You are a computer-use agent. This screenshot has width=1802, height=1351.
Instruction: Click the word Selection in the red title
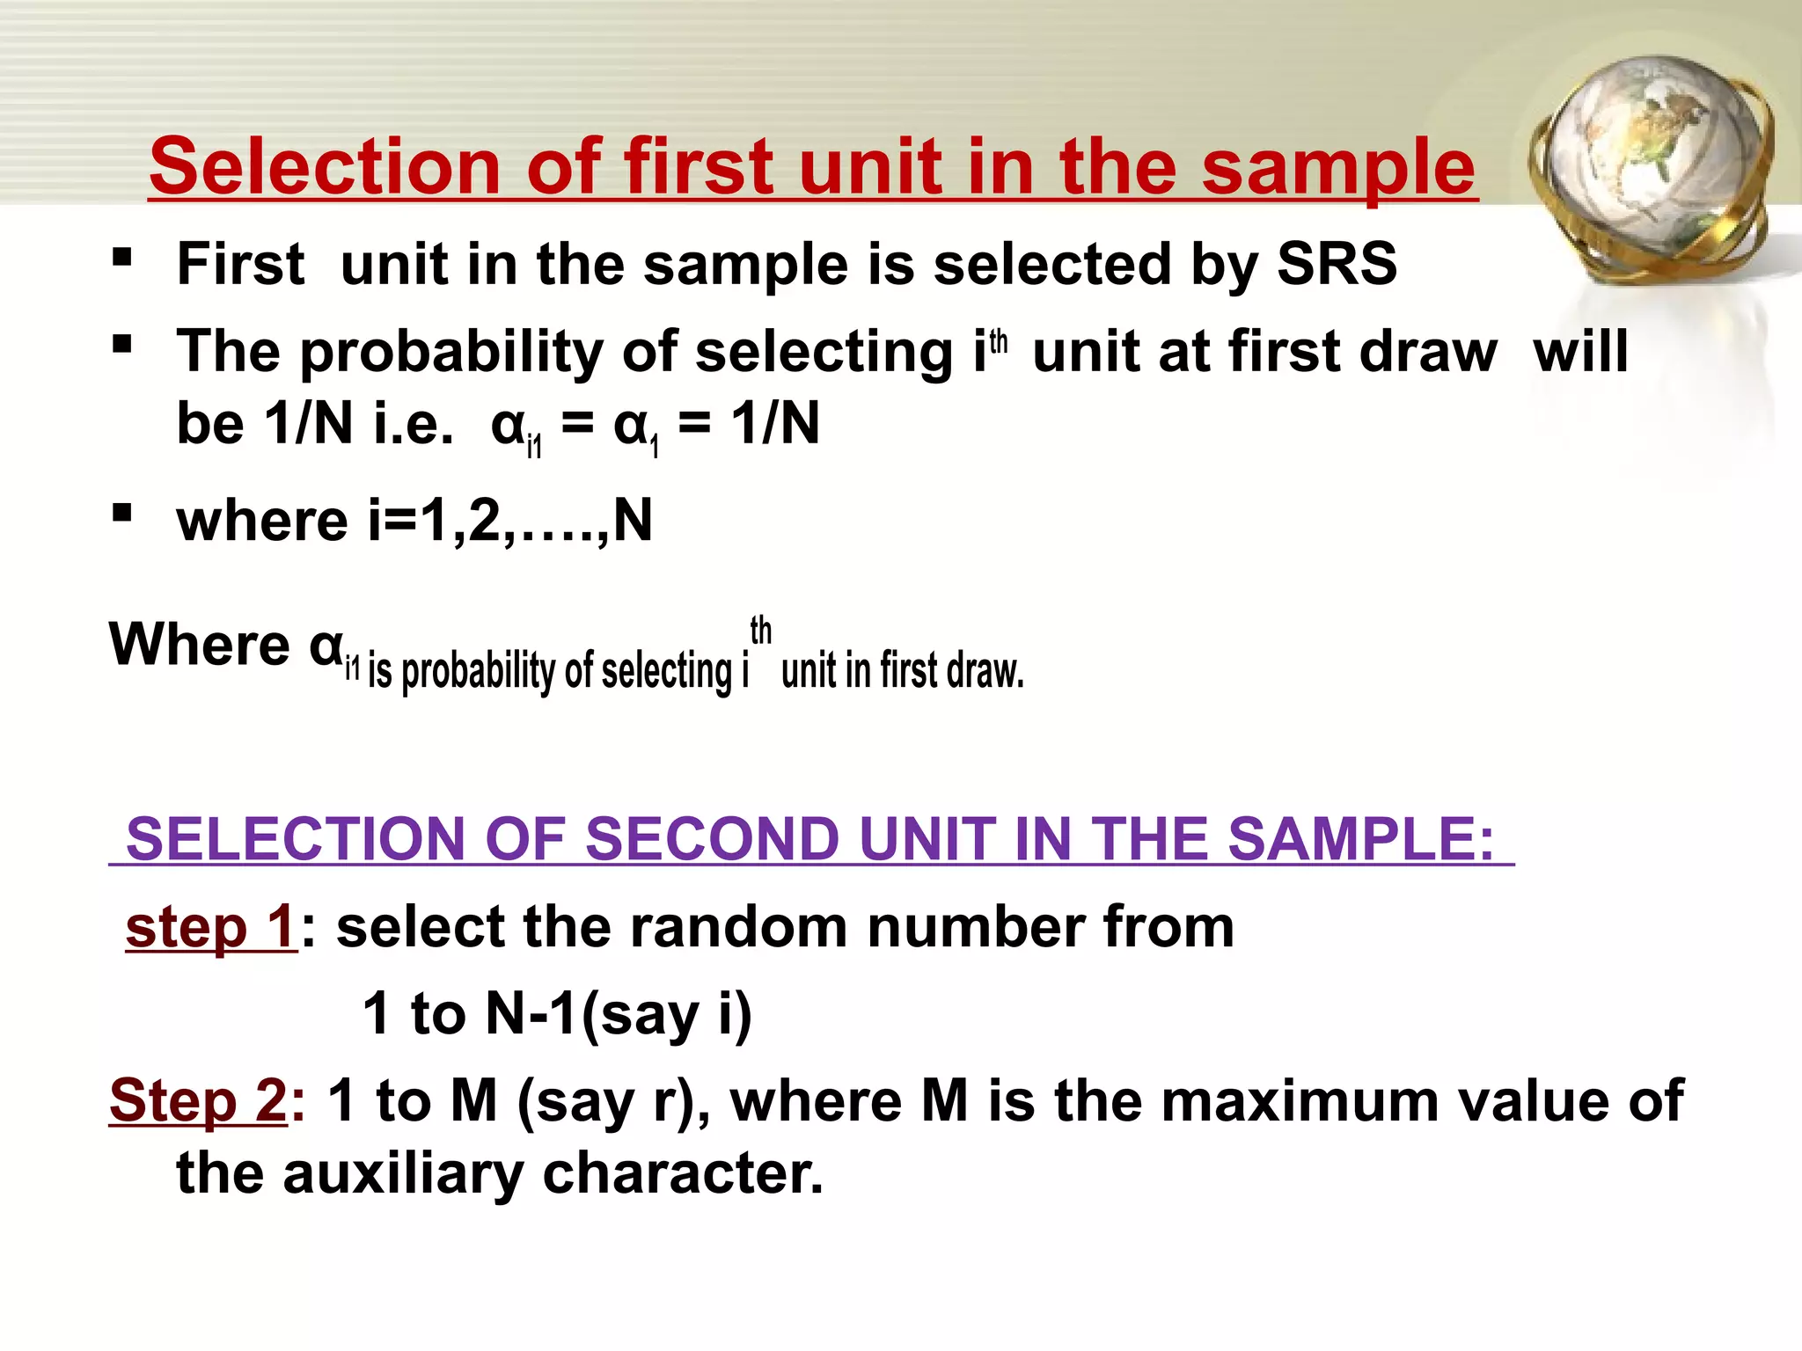point(326,167)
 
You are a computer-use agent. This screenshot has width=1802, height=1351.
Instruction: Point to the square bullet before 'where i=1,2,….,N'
point(122,512)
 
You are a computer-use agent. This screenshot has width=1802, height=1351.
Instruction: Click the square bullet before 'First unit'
point(122,258)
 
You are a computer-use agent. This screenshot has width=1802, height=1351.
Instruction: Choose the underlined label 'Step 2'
point(198,1101)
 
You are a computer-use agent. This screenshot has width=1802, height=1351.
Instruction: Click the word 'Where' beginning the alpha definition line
point(199,645)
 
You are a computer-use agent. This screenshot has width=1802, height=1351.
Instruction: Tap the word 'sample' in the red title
point(1338,167)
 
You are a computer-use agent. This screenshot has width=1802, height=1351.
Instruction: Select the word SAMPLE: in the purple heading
point(1360,839)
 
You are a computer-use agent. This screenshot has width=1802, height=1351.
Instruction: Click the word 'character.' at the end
point(683,1173)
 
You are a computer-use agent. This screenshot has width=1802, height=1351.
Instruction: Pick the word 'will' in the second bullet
point(1580,353)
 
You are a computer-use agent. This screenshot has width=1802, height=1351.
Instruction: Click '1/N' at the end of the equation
point(775,424)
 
